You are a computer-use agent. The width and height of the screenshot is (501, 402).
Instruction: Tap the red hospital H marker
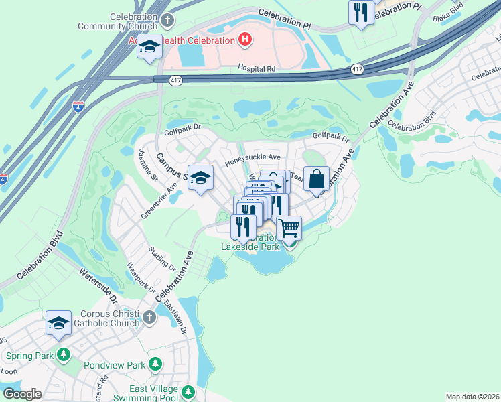(x=245, y=40)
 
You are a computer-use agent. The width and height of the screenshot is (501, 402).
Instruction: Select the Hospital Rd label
(x=257, y=68)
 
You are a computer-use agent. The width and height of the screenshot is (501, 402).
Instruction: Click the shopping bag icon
(x=317, y=179)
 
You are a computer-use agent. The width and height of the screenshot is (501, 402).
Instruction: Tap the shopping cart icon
(x=289, y=228)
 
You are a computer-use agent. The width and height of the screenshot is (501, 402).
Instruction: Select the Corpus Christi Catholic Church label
(x=100, y=318)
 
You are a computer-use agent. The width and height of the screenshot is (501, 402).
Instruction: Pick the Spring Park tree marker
(x=64, y=353)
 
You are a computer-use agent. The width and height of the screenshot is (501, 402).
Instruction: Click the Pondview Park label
(x=115, y=366)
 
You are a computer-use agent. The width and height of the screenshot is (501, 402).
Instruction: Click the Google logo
(x=22, y=394)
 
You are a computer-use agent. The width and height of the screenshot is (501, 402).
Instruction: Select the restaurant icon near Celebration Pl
(x=361, y=12)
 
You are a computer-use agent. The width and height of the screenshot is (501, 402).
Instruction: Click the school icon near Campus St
(x=200, y=178)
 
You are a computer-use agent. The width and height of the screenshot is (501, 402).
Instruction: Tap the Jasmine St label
(x=147, y=165)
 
